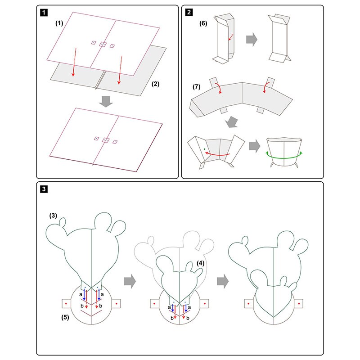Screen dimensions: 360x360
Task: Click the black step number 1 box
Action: click(44, 13)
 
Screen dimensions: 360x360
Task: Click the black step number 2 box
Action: click(189, 12)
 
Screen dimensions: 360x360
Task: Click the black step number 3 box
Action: click(44, 189)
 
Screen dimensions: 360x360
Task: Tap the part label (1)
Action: click(59, 23)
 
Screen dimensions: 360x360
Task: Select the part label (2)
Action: click(155, 84)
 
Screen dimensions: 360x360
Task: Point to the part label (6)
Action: click(203, 23)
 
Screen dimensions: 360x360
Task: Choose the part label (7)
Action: click(197, 87)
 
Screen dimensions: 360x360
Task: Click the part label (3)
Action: click(53, 216)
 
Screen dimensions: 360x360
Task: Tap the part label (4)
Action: click(200, 263)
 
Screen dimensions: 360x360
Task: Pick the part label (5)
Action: click(65, 317)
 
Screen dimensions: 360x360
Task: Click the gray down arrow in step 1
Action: click(106, 102)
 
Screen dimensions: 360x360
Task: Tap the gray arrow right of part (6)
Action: click(252, 40)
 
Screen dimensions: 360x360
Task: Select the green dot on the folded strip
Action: click(204, 149)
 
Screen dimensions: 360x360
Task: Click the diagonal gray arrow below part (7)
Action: click(231, 122)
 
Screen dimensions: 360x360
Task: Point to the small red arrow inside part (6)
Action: click(231, 37)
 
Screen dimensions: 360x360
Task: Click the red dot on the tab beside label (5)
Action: click(66, 303)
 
